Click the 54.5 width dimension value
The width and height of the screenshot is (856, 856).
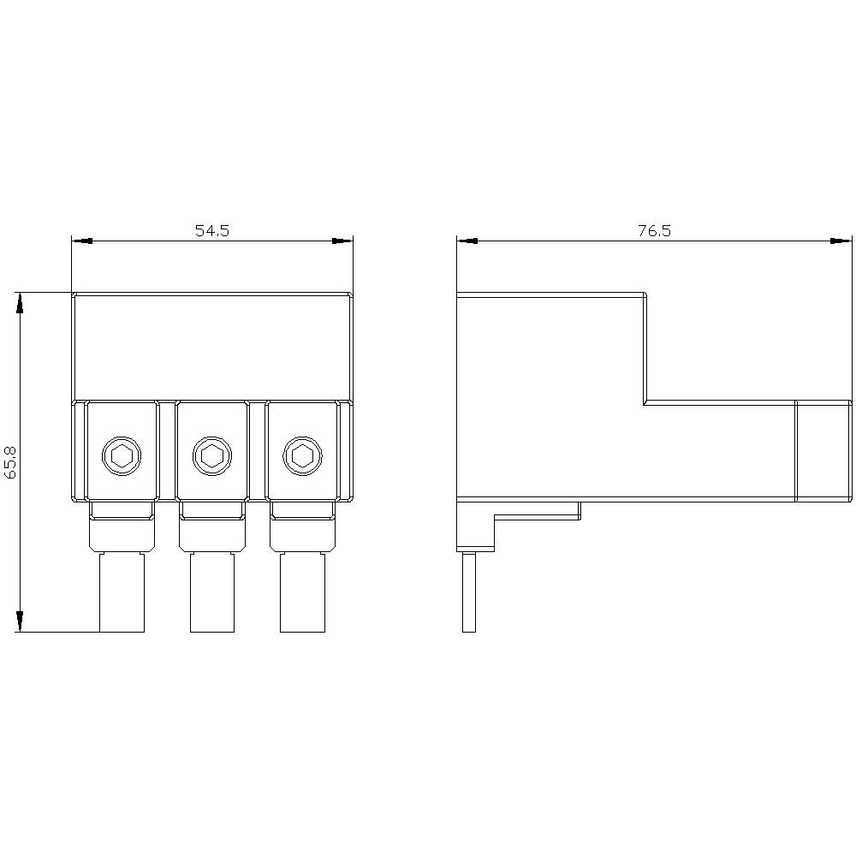click(212, 231)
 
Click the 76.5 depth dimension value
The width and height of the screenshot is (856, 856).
click(654, 231)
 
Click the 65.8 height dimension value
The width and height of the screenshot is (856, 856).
click(12, 462)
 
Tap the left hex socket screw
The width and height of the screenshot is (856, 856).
click(121, 455)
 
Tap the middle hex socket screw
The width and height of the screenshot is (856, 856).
click(211, 455)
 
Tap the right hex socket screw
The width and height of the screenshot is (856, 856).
click(301, 455)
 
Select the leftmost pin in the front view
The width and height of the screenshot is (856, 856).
click(122, 592)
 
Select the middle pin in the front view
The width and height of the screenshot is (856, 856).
click(211, 592)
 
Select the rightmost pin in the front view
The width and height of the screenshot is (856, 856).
click(302, 592)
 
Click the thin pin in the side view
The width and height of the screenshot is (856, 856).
click(468, 592)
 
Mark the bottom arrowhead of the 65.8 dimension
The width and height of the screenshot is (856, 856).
click(20, 622)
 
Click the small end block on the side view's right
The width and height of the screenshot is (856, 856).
click(823, 450)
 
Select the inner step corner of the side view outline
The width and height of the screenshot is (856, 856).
click(644, 402)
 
